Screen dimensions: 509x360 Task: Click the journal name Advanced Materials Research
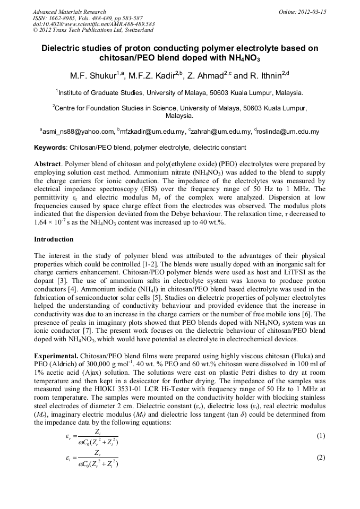coord(69,12)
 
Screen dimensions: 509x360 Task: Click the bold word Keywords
coord(50,147)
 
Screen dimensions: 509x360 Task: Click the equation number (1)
coord(320,436)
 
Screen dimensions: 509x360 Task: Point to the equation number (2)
coord(320,458)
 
